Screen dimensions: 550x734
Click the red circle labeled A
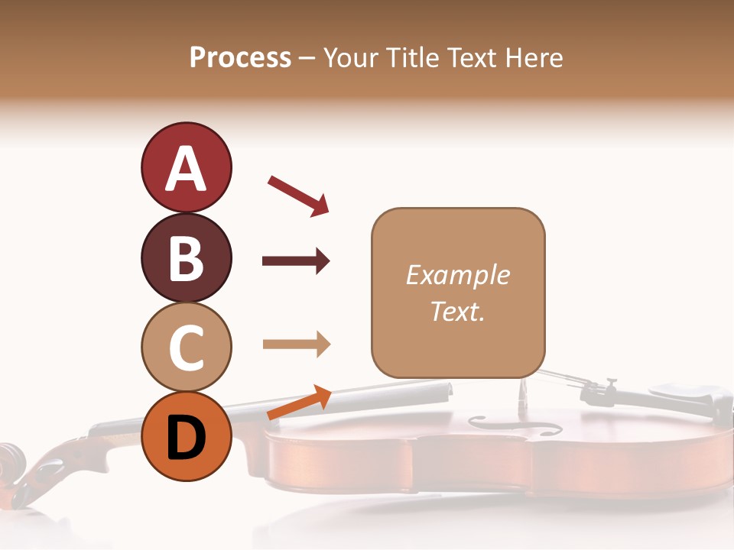pyautogui.click(x=186, y=167)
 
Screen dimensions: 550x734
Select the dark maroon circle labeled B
pyautogui.click(x=186, y=257)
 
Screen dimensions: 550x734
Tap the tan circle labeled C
pyautogui.click(x=186, y=347)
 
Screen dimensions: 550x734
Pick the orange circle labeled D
pyautogui.click(x=186, y=436)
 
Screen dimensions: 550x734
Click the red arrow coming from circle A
pyautogui.click(x=298, y=196)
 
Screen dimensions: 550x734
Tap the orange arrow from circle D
pyautogui.click(x=299, y=403)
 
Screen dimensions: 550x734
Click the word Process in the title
pyautogui.click(x=240, y=57)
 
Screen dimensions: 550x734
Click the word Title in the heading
pyautogui.click(x=413, y=57)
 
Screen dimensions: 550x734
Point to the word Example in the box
pyautogui.click(x=457, y=275)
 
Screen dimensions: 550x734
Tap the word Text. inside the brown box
pyautogui.click(x=457, y=311)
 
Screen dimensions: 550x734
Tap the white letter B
pyautogui.click(x=186, y=257)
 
